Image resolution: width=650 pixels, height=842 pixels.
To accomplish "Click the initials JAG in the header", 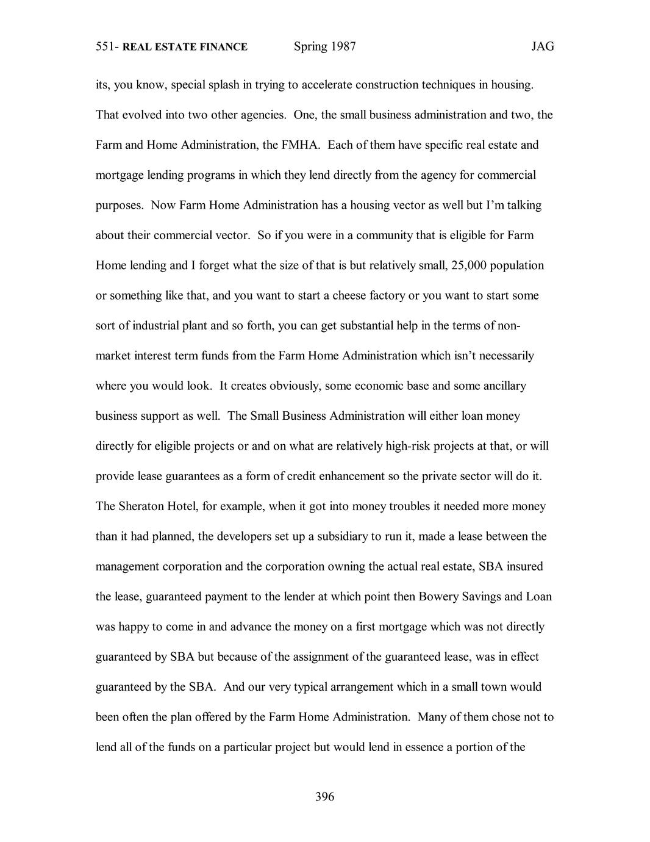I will [542, 47].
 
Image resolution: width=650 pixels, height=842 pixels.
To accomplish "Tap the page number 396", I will [325, 796].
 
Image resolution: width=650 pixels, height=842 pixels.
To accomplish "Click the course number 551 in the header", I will [105, 47].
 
